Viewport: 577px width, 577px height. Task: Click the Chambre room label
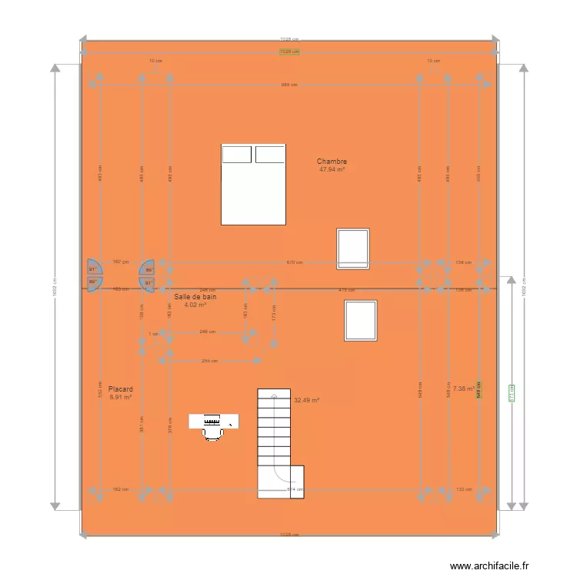pyautogui.click(x=332, y=162)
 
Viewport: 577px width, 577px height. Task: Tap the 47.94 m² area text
pyautogui.click(x=332, y=169)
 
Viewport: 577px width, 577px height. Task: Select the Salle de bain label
pyautogui.click(x=195, y=296)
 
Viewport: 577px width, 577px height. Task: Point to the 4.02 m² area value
pyautogui.click(x=195, y=305)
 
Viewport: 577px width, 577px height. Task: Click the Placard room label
pyautogui.click(x=121, y=389)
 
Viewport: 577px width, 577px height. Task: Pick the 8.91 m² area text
pyautogui.click(x=121, y=398)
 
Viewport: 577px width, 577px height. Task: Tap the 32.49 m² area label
pyautogui.click(x=306, y=400)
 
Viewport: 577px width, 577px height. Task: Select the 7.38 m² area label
pyautogui.click(x=463, y=389)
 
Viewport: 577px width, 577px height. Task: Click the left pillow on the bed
pyautogui.click(x=237, y=155)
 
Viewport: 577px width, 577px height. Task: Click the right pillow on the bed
pyautogui.click(x=269, y=155)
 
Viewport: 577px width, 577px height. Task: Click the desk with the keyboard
pyautogui.click(x=215, y=420)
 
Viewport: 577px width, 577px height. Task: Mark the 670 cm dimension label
pyautogui.click(x=295, y=262)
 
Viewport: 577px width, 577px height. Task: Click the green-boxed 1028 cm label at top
pyautogui.click(x=289, y=52)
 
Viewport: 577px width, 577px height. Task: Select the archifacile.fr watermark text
pyautogui.click(x=490, y=566)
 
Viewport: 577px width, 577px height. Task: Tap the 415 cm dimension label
pyautogui.click(x=346, y=290)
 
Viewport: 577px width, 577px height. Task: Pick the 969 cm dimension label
pyautogui.click(x=289, y=85)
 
